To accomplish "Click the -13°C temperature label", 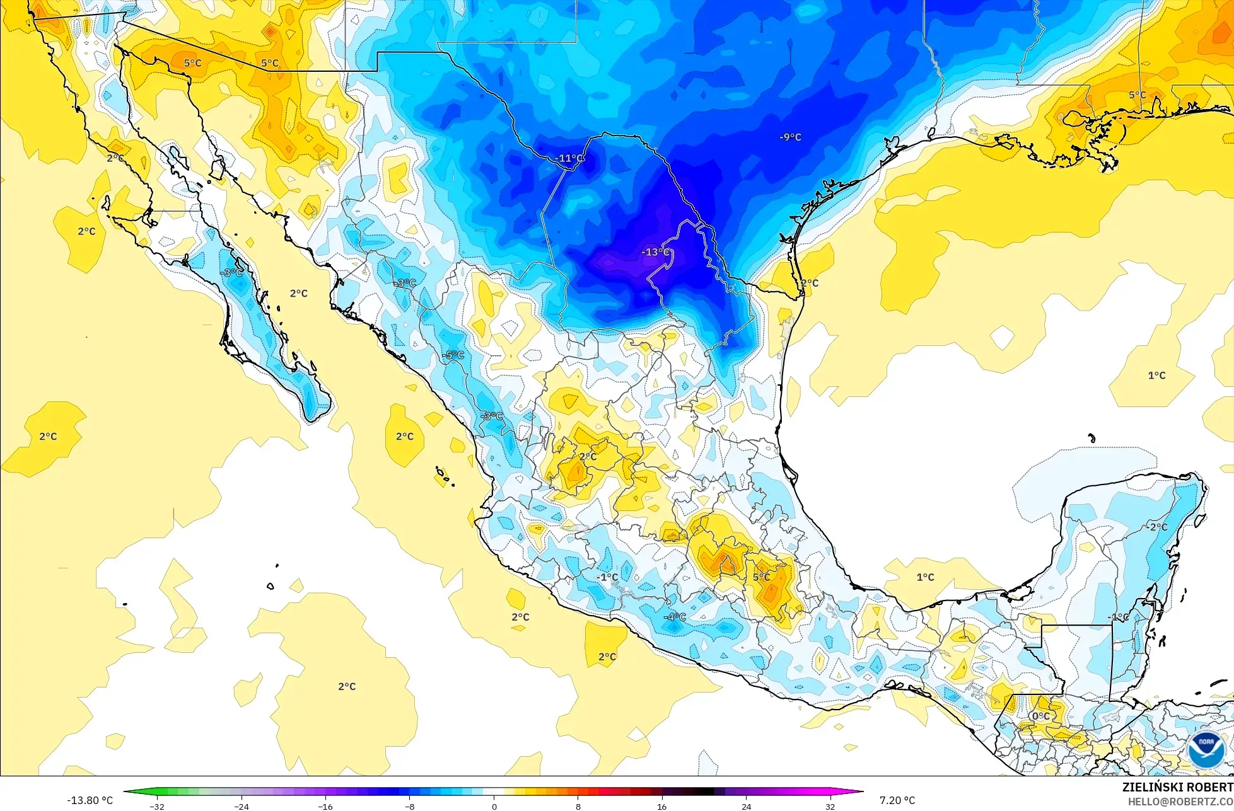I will click(x=656, y=252).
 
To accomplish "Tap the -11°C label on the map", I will click(x=571, y=158).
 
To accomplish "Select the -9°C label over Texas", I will click(x=790, y=137).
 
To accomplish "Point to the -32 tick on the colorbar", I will click(x=157, y=806).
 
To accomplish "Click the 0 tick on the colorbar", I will click(x=494, y=806).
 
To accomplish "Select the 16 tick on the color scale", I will click(x=662, y=806).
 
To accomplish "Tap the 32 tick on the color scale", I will click(x=830, y=806).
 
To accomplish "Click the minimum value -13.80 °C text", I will click(x=90, y=800).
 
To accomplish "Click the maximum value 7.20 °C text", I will click(x=897, y=800).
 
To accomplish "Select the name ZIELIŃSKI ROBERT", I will click(x=1177, y=787).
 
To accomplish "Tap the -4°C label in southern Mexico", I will click(x=675, y=616).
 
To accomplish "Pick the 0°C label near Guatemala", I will click(x=1040, y=716).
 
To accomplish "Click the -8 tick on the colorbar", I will click(x=410, y=806).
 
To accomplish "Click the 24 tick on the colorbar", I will click(x=746, y=806).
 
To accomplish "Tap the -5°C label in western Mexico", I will click(x=453, y=355).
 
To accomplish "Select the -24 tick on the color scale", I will click(x=242, y=806).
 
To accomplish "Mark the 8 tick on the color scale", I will click(x=578, y=806).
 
